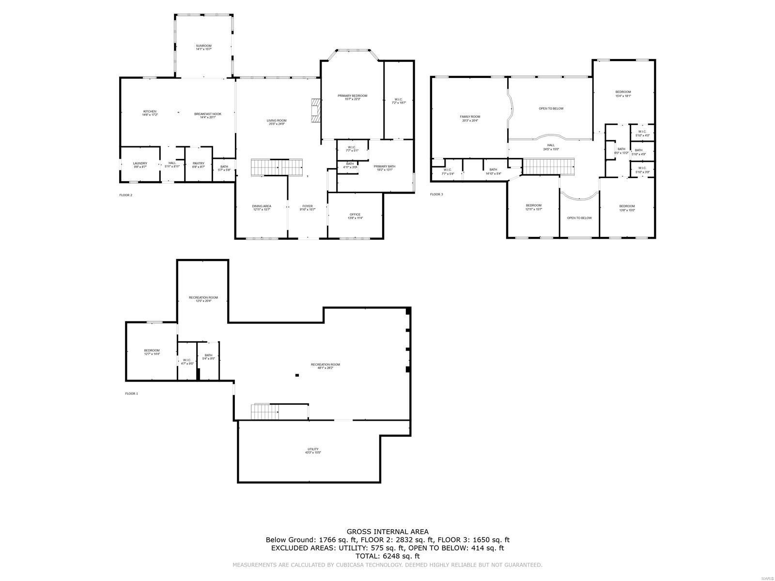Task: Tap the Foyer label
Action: point(308,207)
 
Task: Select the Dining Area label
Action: point(262,207)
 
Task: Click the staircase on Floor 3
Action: point(549,167)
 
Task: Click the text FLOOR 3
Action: point(436,195)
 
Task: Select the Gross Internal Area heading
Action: point(387,531)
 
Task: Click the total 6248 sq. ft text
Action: point(387,556)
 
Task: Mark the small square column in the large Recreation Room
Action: point(297,375)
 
